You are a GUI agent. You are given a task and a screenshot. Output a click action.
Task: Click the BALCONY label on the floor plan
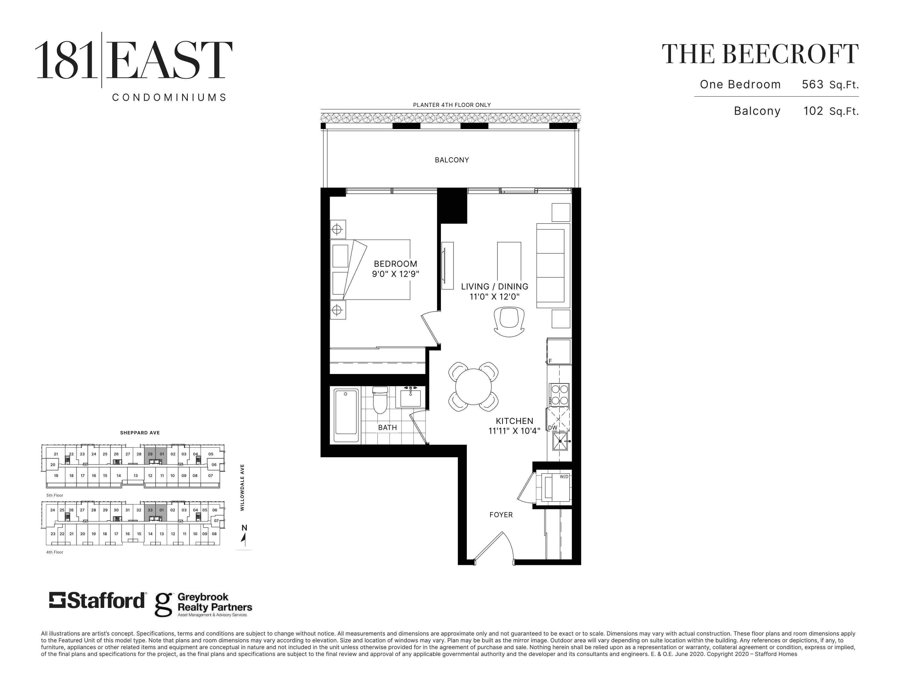coord(452,160)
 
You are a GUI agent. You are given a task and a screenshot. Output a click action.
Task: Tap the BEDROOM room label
coord(395,264)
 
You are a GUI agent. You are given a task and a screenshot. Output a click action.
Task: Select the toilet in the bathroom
coord(380,399)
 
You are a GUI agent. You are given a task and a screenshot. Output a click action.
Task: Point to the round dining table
coord(473,387)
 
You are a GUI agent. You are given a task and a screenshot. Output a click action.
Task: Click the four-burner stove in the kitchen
coord(559,395)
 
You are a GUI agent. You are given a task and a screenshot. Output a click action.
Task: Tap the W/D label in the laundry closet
coord(564,476)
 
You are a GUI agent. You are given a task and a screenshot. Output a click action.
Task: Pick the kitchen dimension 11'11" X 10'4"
coord(514,431)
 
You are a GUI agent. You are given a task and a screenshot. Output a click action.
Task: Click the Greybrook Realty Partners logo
coord(203,605)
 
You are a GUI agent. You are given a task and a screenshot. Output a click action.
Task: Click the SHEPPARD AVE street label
coord(140,433)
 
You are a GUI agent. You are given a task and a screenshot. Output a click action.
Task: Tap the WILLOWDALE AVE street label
coord(242,487)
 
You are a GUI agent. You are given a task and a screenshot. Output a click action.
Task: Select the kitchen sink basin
coord(560,441)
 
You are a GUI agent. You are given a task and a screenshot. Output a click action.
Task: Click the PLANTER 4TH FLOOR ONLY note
coord(452,105)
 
